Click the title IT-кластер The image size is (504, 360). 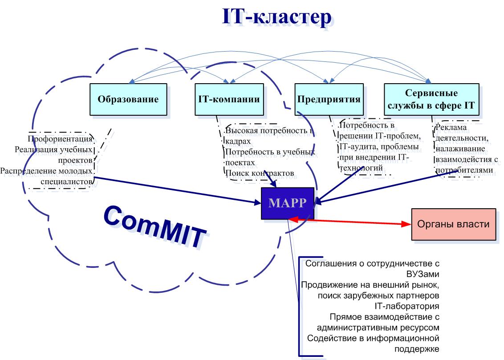276,17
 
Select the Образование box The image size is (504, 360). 128,99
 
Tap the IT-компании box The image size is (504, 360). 228,99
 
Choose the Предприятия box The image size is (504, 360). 328,99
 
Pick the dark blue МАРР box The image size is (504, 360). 287,203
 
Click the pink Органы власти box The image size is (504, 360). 453,224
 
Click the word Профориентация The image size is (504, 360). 60,139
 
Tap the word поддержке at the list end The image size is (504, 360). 417,348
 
